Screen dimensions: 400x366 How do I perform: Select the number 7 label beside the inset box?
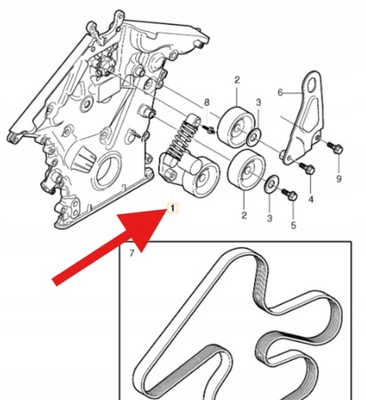point(131,256)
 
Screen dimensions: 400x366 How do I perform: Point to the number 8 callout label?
point(207,103)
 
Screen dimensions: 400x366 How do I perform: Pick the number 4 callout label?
point(310,201)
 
